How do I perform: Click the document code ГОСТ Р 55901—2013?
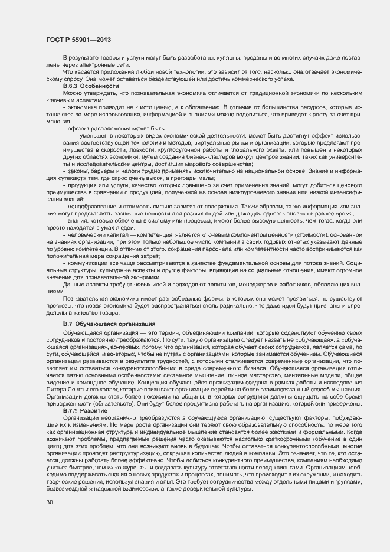(78, 40)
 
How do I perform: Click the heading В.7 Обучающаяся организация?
(109, 324)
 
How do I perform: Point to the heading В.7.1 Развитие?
(85, 410)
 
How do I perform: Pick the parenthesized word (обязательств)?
(114, 404)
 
